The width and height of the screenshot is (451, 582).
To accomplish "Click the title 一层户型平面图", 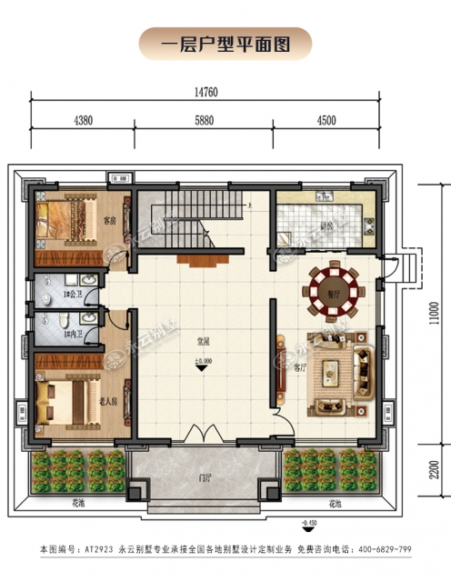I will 225,43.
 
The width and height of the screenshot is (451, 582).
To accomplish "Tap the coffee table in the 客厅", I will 330,373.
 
